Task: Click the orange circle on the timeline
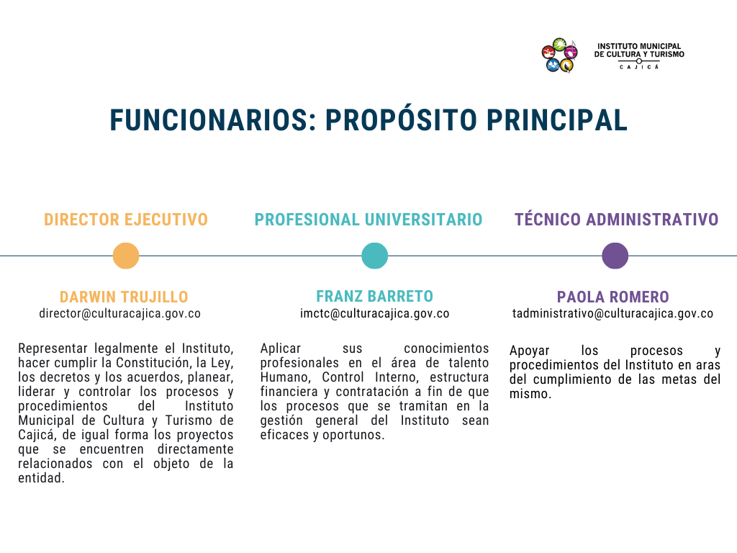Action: (x=126, y=256)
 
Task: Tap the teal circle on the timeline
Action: (x=374, y=256)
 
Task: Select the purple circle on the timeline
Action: (x=615, y=256)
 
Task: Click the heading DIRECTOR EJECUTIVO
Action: (x=126, y=220)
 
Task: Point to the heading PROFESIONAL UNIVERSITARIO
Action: (x=368, y=220)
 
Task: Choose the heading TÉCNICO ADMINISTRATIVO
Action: (x=616, y=219)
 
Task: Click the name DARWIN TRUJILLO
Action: (x=124, y=297)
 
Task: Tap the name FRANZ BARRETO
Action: (x=374, y=296)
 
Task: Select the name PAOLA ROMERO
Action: (x=613, y=297)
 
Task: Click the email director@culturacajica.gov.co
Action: (x=120, y=314)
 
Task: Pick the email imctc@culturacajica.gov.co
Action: (x=374, y=314)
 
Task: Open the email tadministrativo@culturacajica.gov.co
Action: (x=613, y=314)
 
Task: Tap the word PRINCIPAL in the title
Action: (x=557, y=120)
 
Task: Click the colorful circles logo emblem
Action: (x=559, y=55)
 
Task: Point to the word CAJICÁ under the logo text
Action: (x=639, y=67)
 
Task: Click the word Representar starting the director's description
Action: (x=53, y=349)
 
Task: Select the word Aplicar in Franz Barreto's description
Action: (x=281, y=349)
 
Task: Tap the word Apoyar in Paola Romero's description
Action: (x=529, y=351)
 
